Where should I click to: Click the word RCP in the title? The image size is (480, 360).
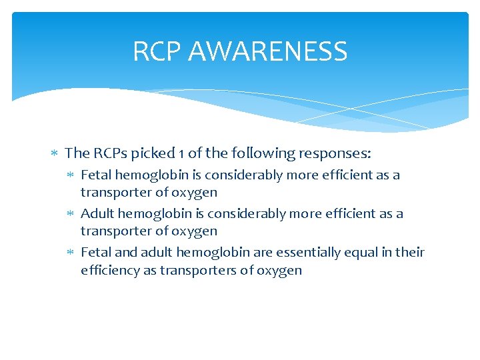click(157, 51)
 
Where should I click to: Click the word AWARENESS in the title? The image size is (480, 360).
click(267, 51)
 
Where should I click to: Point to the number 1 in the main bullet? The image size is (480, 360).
click(181, 153)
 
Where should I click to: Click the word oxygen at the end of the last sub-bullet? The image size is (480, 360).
click(282, 270)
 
